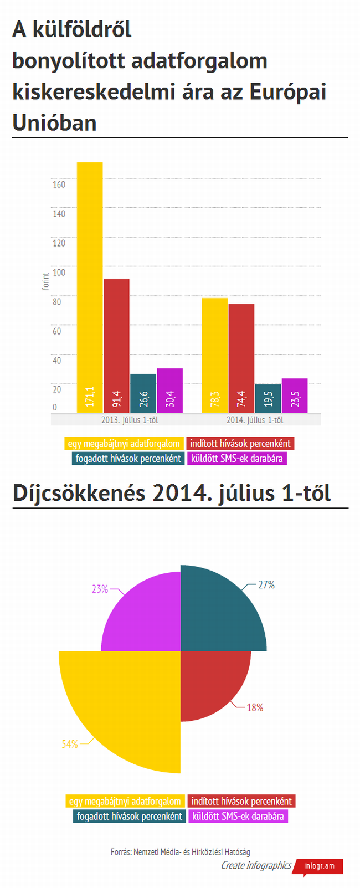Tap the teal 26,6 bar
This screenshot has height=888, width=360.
143,393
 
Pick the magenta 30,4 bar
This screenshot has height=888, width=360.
169,390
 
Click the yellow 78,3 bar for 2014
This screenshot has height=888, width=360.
214,355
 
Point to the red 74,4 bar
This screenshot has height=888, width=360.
241,358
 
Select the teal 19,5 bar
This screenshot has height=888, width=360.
268,398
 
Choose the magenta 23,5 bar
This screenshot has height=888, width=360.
294,395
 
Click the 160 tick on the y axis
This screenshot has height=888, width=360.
59,184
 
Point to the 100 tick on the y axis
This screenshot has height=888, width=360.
59,273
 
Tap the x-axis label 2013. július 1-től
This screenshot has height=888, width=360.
130,420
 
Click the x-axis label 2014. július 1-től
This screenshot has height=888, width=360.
255,420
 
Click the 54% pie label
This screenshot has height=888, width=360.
70,745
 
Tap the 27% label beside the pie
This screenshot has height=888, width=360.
266,585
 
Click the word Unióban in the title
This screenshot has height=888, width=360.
54,122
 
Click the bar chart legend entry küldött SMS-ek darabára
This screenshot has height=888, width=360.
237,458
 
